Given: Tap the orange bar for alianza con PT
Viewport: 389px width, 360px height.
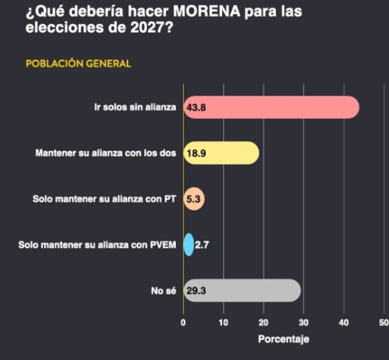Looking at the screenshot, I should [x=194, y=198].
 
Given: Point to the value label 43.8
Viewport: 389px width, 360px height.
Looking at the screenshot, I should [x=196, y=108].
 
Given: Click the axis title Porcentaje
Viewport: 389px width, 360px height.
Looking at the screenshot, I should [x=283, y=339].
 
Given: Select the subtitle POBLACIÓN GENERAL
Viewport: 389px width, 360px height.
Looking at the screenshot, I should [x=78, y=64].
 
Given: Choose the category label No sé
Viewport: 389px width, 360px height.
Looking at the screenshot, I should [x=163, y=290].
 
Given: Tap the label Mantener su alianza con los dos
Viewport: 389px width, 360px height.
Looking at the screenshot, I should [x=106, y=153].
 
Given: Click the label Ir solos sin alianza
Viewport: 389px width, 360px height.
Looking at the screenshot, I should [x=135, y=108].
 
